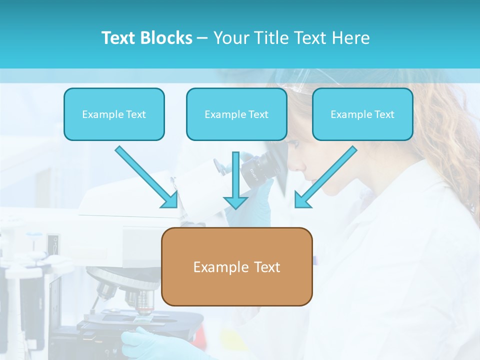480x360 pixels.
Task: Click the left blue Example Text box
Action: pyautogui.click(x=114, y=114)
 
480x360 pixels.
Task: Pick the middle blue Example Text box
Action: pyautogui.click(x=236, y=114)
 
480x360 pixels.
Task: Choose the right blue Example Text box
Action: pyautogui.click(x=362, y=114)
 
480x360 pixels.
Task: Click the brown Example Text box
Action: pyautogui.click(x=236, y=266)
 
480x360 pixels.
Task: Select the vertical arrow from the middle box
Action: pyautogui.click(x=236, y=180)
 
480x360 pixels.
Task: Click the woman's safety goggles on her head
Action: pyautogui.click(x=300, y=80)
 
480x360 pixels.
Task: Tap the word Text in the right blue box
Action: pyautogui.click(x=384, y=114)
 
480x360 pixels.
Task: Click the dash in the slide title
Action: pyautogui.click(x=202, y=38)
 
